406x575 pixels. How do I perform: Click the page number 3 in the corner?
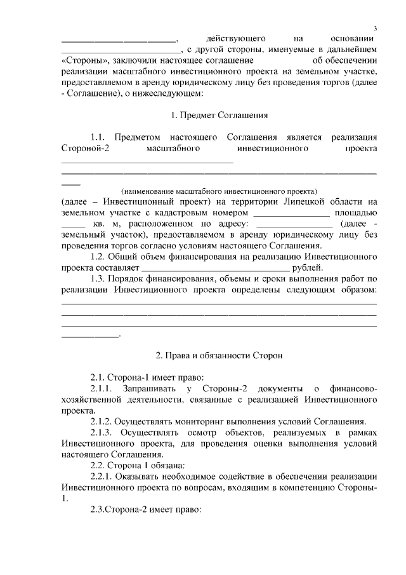click(x=376, y=29)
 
